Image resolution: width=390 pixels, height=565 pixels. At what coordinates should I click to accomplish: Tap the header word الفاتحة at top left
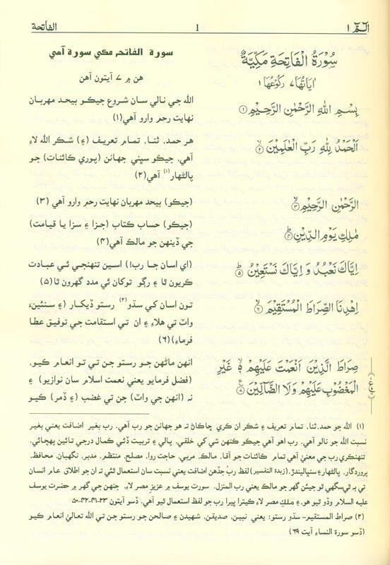36,28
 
